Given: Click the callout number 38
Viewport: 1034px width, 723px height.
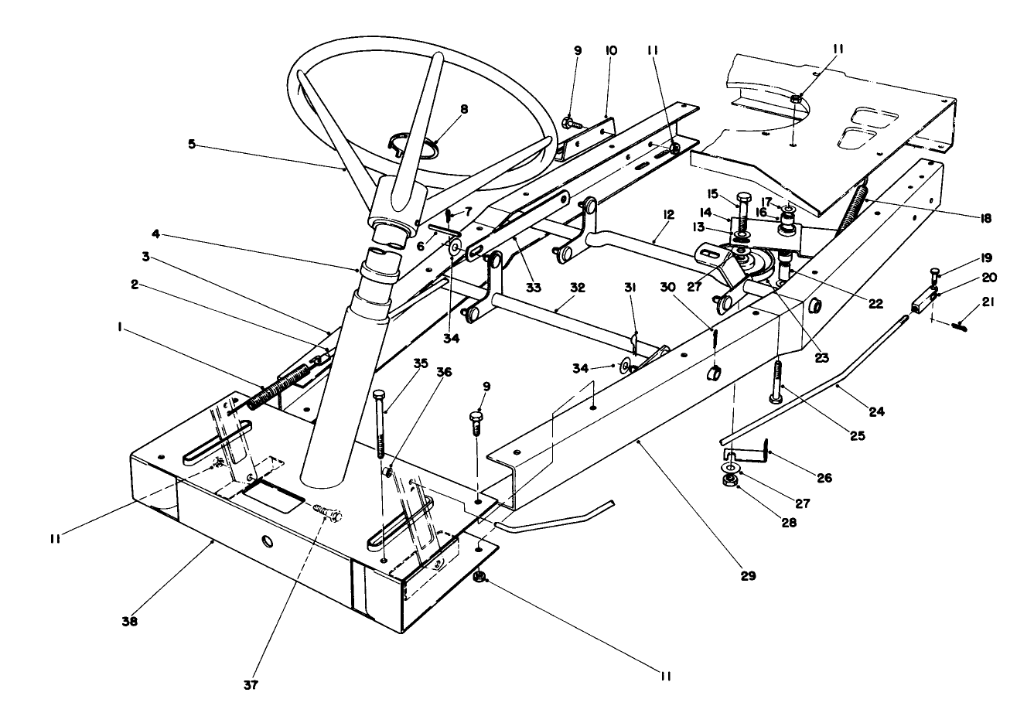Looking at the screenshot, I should point(130,620).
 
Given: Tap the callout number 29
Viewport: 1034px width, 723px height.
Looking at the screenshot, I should point(749,575).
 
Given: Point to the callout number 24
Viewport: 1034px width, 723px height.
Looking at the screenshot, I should point(875,411).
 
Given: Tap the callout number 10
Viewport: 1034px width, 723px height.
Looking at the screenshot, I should point(611,50).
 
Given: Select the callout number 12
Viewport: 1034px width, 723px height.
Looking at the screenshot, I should point(667,213).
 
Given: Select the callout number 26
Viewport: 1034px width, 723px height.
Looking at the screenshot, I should point(824,479).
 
